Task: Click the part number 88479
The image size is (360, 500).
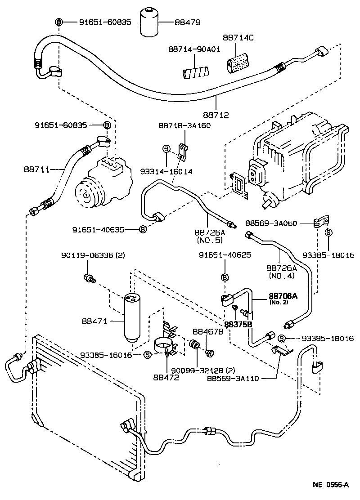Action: tap(189, 22)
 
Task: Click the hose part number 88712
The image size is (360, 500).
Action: tap(216, 115)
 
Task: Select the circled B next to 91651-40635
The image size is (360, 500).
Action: tap(143, 230)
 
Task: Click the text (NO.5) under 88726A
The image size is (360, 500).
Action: tap(207, 240)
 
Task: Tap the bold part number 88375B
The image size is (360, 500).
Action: tap(238, 323)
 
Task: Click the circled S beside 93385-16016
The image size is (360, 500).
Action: tap(147, 355)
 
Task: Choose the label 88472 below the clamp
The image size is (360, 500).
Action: tap(166, 378)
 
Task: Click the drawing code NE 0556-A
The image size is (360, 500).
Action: tap(331, 485)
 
